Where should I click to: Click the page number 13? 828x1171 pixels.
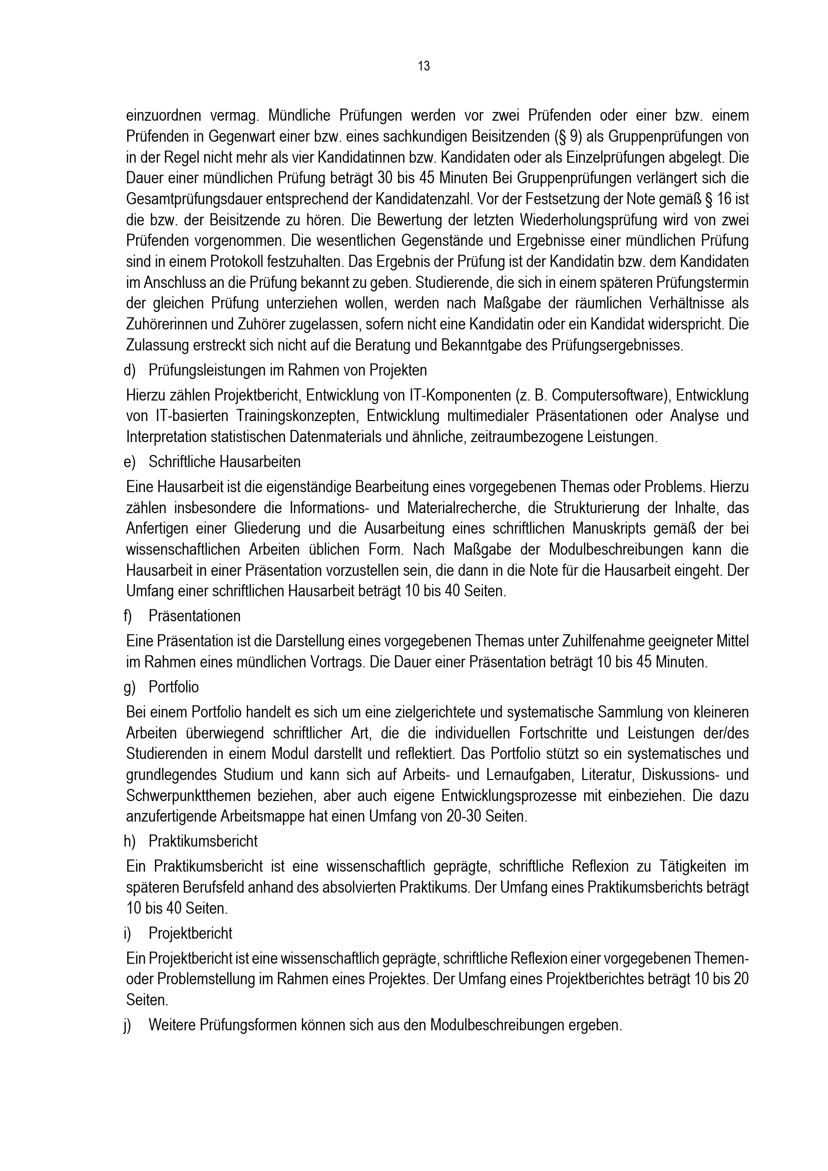[x=424, y=66]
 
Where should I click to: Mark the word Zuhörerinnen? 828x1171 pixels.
[x=171, y=324]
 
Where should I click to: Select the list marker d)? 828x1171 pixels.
[x=129, y=370]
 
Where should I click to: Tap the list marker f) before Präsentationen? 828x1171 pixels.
[x=128, y=616]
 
